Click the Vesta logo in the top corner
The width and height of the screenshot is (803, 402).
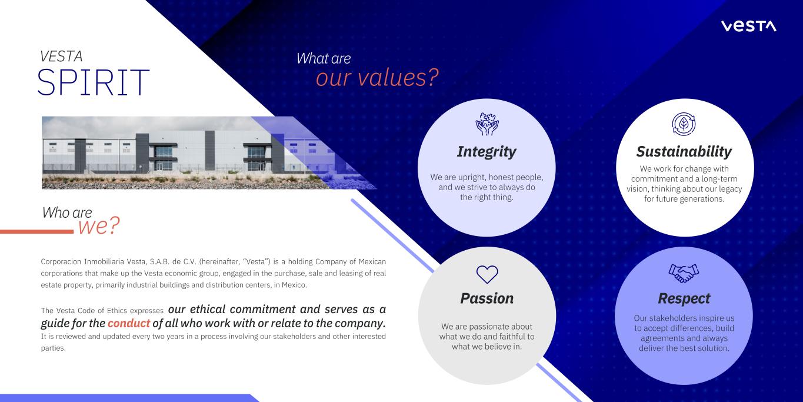(748, 26)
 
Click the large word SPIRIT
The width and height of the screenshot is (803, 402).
(93, 82)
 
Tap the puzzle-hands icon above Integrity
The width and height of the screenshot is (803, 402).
(487, 124)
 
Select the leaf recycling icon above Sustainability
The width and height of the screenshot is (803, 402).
(684, 124)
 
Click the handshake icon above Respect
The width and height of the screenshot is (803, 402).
(684, 273)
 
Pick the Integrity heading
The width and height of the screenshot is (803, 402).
(487, 152)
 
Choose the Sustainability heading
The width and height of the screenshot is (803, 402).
(684, 152)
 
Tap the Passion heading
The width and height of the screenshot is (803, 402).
(487, 298)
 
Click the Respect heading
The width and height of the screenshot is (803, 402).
(684, 299)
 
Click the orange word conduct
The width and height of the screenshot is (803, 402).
(129, 323)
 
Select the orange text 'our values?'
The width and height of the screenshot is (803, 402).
(377, 78)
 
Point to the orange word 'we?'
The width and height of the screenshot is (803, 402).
(99, 226)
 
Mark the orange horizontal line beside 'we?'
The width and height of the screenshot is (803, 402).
(36, 232)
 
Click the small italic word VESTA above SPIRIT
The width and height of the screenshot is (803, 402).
(61, 57)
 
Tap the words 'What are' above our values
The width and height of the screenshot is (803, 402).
(324, 58)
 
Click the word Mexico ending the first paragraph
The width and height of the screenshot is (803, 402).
(294, 285)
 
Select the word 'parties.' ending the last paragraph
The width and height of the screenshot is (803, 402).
(54, 348)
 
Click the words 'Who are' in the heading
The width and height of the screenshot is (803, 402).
(67, 212)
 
